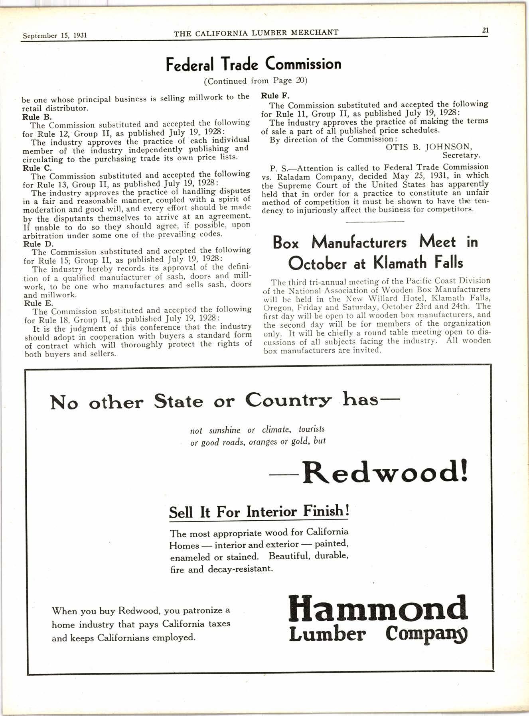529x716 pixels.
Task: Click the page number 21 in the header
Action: pyautogui.click(x=485, y=30)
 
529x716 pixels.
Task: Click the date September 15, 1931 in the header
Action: pyautogui.click(x=55, y=35)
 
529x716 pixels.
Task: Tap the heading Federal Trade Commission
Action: pyautogui.click(x=254, y=64)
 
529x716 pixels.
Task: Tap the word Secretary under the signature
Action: pyautogui.click(x=461, y=155)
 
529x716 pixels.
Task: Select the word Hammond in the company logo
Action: pyautogui.click(x=377, y=610)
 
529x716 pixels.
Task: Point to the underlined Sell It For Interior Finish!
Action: pyautogui.click(x=259, y=511)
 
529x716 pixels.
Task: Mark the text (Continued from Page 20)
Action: pyautogui.click(x=256, y=81)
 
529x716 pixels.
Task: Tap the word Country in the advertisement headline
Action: pyautogui.click(x=288, y=400)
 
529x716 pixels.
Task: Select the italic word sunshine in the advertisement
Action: pyautogui.click(x=225, y=430)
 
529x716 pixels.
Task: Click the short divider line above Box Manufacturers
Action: pyautogui.click(x=375, y=222)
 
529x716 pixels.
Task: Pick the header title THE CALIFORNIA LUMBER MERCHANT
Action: pyautogui.click(x=256, y=33)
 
